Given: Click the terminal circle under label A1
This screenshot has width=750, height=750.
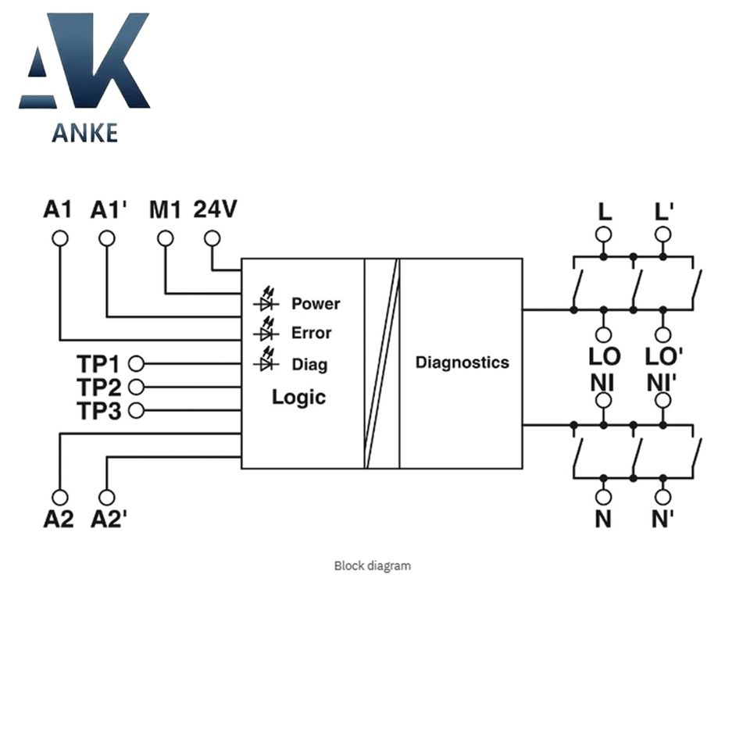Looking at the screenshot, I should [x=59, y=237].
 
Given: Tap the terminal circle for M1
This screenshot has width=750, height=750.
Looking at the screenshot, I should [x=165, y=237].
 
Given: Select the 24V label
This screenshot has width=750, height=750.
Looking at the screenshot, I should [x=215, y=209].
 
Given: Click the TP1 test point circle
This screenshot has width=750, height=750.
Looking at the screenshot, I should [x=136, y=363].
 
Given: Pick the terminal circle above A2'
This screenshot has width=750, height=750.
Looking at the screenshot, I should [x=107, y=497].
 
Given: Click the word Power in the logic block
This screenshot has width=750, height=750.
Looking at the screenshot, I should [x=316, y=303].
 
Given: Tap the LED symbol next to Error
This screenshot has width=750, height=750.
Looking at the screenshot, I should [x=266, y=332].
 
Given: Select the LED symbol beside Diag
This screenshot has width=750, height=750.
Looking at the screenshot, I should [x=266, y=362].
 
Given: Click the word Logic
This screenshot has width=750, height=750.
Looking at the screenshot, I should [x=298, y=397].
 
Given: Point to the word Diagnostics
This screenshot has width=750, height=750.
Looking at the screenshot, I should [x=462, y=362].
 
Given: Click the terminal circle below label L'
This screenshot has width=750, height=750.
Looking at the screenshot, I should [x=662, y=234].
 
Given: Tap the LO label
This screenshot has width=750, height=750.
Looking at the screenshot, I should [x=604, y=357].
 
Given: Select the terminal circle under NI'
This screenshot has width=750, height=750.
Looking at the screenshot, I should [x=662, y=401].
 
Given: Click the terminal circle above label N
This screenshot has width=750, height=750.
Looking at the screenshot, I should [x=603, y=496].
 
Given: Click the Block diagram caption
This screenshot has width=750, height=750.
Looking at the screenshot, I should [x=372, y=566].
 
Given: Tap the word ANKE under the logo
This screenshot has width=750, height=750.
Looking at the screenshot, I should [x=84, y=133].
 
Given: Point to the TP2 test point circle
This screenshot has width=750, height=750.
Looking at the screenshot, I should [x=136, y=387].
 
